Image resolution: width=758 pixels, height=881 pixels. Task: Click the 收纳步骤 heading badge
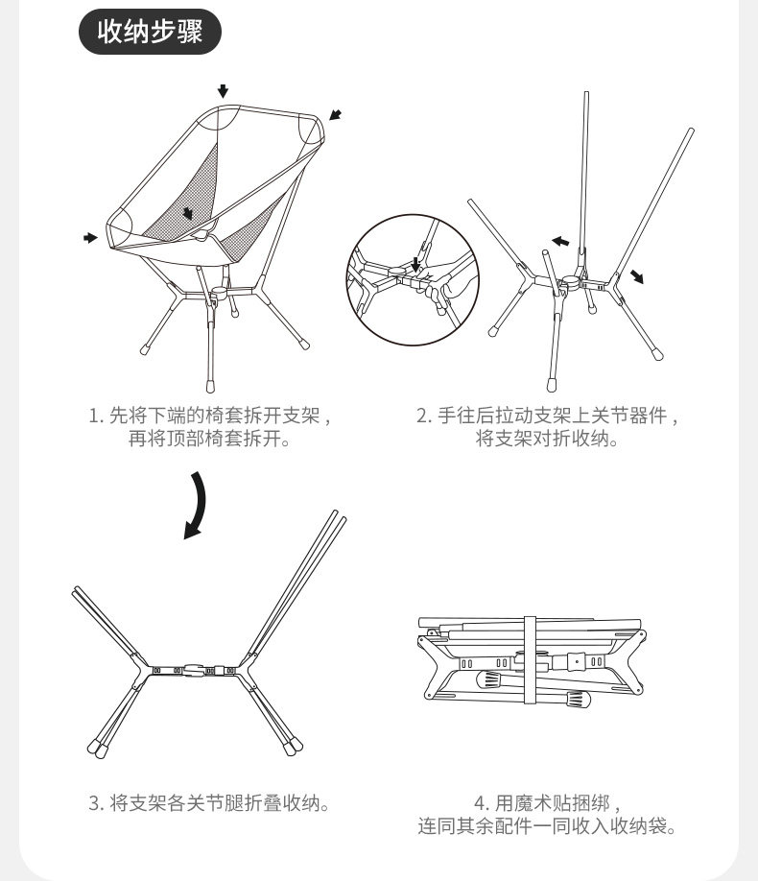[x=150, y=33]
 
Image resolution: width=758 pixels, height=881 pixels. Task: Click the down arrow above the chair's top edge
[x=224, y=91]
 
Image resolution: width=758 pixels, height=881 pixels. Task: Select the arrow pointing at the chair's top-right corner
[x=334, y=115]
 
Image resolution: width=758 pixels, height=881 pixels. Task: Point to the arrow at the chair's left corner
[x=91, y=237]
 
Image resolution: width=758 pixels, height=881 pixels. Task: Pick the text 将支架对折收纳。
[x=548, y=439]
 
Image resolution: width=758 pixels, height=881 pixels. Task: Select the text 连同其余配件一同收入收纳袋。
[x=548, y=825]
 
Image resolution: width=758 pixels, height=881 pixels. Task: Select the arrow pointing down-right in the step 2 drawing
[x=637, y=276]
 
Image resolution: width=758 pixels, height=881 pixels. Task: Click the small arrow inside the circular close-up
[x=415, y=262]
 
